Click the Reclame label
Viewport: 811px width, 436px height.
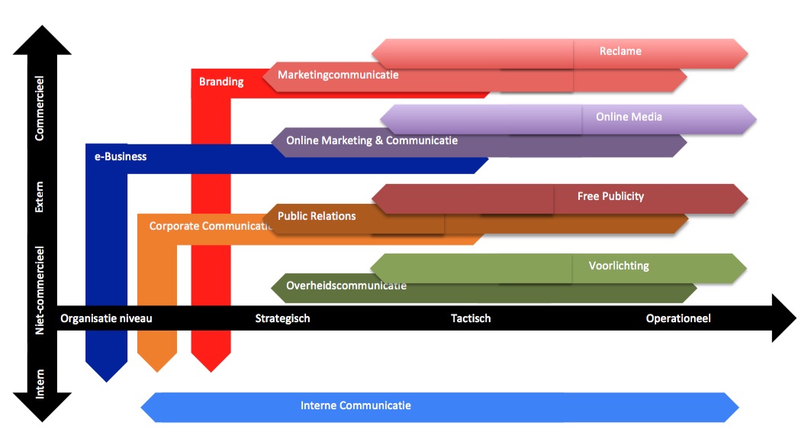pyautogui.click(x=620, y=51)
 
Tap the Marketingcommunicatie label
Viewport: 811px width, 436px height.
pyautogui.click(x=338, y=75)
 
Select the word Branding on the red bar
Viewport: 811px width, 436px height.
pyautogui.click(x=221, y=82)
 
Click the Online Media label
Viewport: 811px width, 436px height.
pyautogui.click(x=629, y=117)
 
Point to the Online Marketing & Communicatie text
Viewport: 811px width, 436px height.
pyautogui.click(x=372, y=140)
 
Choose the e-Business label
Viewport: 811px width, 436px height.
pyautogui.click(x=121, y=157)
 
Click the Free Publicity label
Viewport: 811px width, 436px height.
pyautogui.click(x=610, y=196)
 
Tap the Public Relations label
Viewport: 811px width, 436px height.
pyautogui.click(x=317, y=216)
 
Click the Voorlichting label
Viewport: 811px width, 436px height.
pyautogui.click(x=619, y=266)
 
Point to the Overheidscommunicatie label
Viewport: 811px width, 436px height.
pyautogui.click(x=346, y=286)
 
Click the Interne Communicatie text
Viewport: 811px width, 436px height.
pyautogui.click(x=356, y=405)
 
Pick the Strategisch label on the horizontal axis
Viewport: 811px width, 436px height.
pyautogui.click(x=282, y=318)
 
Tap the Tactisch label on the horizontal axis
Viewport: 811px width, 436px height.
pyautogui.click(x=471, y=318)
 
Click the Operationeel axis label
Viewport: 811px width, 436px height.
pyautogui.click(x=678, y=318)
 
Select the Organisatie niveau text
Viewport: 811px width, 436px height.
pyautogui.click(x=106, y=318)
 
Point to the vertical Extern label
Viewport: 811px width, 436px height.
pyautogui.click(x=40, y=196)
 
